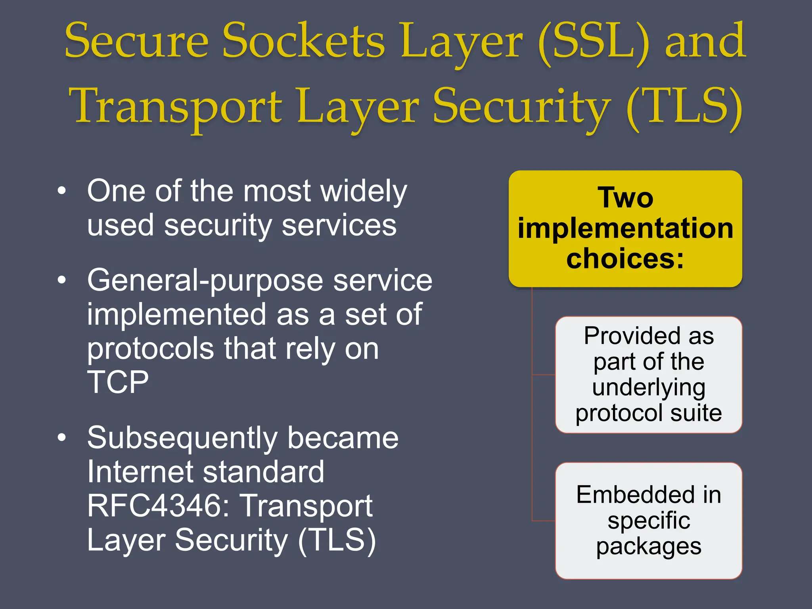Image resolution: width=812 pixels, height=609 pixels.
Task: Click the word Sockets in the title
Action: point(303,42)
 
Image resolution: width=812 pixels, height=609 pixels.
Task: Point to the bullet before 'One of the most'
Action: point(61,191)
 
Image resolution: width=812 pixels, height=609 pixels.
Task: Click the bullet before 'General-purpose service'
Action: point(61,280)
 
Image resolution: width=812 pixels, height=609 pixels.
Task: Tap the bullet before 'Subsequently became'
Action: point(61,438)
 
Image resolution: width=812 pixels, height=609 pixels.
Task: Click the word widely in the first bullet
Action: point(364,192)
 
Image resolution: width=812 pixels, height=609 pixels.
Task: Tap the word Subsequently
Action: point(182,439)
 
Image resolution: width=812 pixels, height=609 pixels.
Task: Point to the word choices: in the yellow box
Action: point(625,259)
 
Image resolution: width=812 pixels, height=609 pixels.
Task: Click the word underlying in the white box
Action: point(649,387)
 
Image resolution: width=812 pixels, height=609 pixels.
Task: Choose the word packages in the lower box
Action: point(649,546)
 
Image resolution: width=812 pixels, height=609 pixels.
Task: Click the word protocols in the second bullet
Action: point(151,349)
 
